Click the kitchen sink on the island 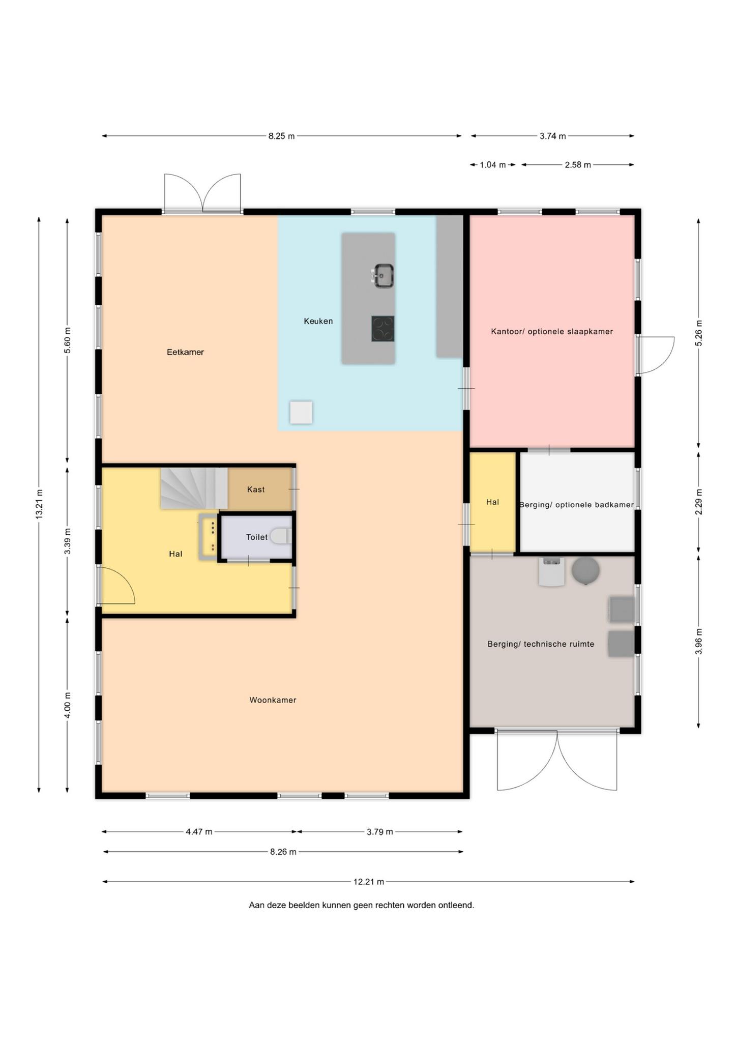(384, 276)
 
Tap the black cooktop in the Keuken (382, 329)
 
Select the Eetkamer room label (185, 352)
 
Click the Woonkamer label (273, 700)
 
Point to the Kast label (256, 489)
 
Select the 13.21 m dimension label (39, 504)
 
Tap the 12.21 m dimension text (369, 882)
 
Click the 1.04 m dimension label (493, 165)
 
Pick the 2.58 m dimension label (578, 165)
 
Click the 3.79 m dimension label (380, 832)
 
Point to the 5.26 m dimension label (699, 333)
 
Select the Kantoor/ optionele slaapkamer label (552, 332)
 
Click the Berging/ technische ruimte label (541, 644)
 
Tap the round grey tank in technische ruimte (585, 570)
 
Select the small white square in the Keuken (301, 412)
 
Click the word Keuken (318, 321)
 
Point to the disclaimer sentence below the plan (361, 905)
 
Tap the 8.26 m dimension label (283, 852)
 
